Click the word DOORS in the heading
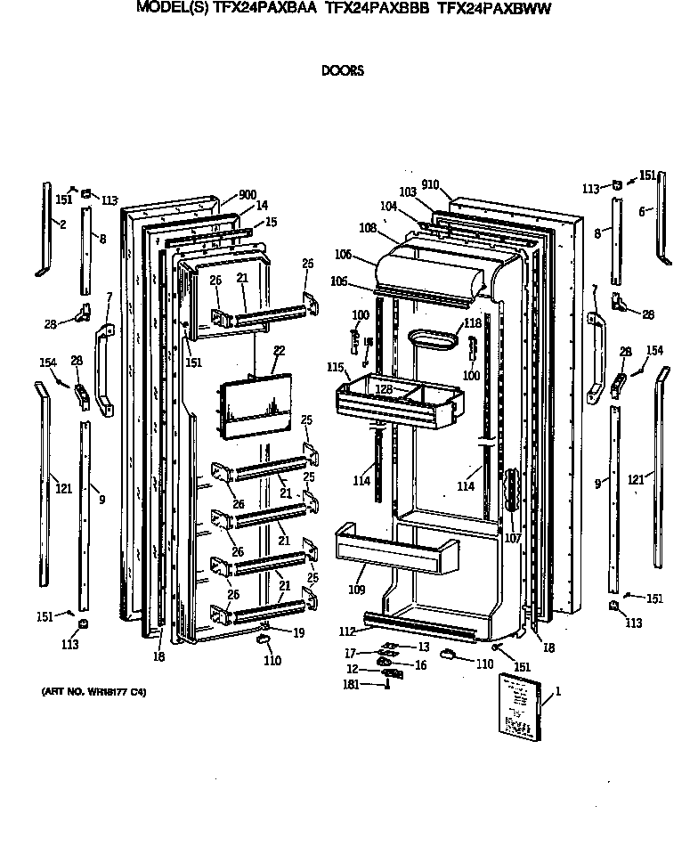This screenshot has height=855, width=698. [x=342, y=71]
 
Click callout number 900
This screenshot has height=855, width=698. [x=248, y=195]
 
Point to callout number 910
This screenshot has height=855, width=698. [x=431, y=185]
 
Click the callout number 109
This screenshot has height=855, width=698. [x=356, y=589]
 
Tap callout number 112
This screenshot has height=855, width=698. [x=348, y=631]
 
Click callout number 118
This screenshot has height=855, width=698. [x=472, y=323]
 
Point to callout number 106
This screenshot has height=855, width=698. [x=344, y=256]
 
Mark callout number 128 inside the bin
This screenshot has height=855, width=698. [x=383, y=389]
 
